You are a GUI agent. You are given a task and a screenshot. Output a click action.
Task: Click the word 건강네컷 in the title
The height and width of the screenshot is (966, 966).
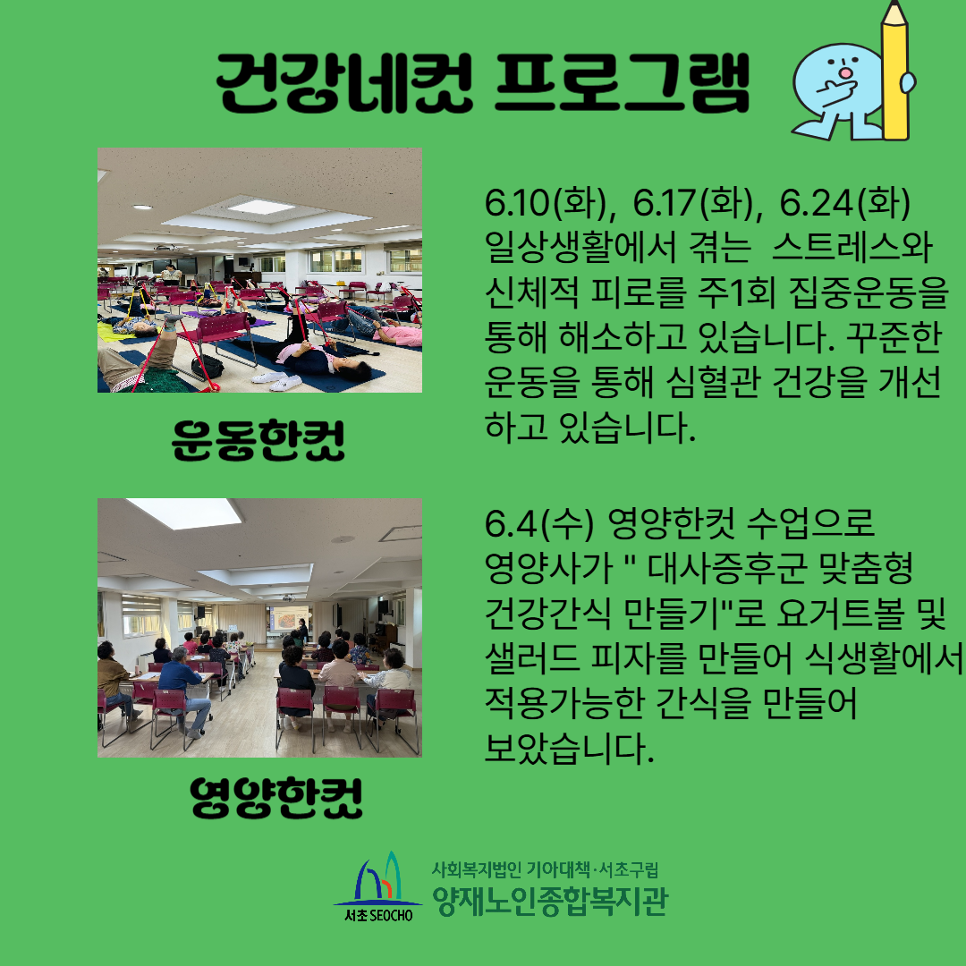point(343,82)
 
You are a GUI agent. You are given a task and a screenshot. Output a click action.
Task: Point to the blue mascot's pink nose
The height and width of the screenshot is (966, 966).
point(846,72)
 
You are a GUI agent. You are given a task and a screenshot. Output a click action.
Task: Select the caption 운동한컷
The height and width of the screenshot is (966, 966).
point(258,440)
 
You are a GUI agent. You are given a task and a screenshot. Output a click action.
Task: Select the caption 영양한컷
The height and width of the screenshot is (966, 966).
point(276,797)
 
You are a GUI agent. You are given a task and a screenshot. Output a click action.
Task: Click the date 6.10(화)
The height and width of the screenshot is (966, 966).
point(549,203)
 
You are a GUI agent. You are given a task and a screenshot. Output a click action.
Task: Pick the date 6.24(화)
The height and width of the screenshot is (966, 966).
point(844,203)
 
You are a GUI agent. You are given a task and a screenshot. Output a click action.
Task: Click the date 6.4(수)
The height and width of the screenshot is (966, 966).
point(539,522)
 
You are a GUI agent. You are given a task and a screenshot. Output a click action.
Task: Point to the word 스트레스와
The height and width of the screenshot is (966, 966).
point(852,247)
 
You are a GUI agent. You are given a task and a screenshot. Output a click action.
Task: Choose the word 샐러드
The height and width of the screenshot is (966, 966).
point(532,657)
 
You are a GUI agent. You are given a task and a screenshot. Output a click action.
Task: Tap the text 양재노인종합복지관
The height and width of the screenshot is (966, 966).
point(549,902)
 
